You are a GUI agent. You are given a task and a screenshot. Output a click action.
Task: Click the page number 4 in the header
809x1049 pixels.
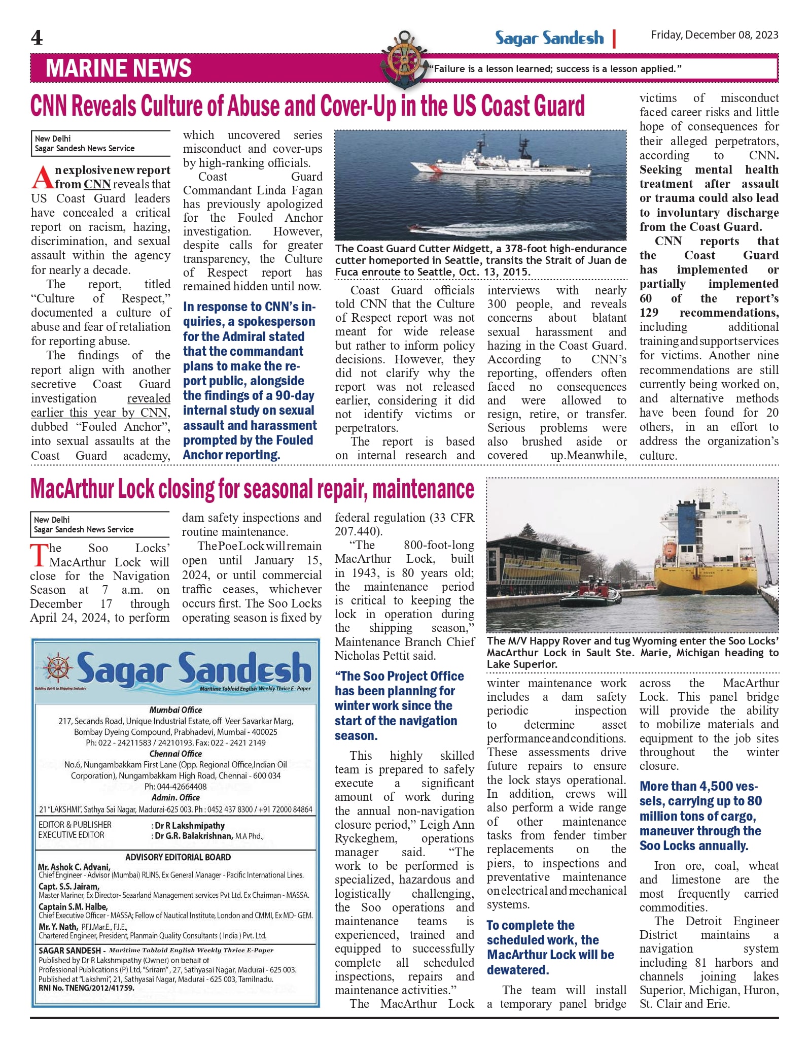pos(37,38)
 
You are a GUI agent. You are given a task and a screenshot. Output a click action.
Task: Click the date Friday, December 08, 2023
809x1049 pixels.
pos(714,35)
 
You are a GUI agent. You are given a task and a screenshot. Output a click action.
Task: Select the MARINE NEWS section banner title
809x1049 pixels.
pos(119,69)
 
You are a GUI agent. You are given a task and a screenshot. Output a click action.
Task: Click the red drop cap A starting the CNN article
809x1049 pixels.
pos(42,178)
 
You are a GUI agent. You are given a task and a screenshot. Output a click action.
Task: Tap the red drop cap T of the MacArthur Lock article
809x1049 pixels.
pos(39,555)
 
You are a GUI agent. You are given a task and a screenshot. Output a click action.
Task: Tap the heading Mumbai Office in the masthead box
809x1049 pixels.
pos(175,710)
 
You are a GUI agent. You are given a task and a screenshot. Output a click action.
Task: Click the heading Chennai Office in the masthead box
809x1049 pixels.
pos(175,754)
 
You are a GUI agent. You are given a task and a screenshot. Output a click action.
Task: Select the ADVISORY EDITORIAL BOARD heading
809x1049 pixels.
pos(178,857)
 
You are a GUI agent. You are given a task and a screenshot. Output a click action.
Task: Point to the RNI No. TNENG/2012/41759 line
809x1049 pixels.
pos(86,988)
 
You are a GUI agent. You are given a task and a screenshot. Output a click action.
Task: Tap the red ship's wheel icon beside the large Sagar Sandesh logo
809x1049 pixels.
pos(57,668)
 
